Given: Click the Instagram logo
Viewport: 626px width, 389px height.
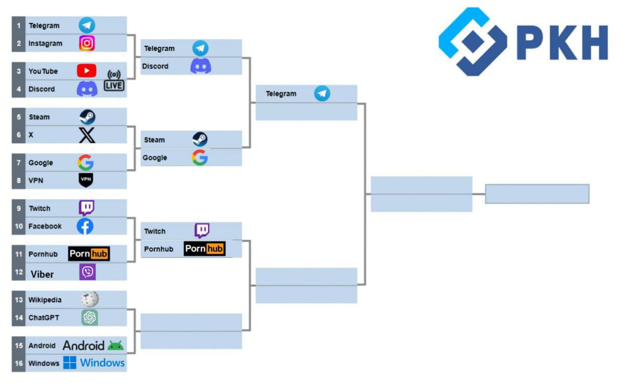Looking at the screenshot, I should (x=87, y=43).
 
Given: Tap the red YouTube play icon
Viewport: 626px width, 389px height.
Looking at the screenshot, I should (x=87, y=71).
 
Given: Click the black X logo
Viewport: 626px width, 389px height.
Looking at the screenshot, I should (x=87, y=135).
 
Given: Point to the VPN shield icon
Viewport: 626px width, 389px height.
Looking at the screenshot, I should (x=86, y=180).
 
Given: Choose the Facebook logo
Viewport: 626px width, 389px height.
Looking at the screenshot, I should (x=85, y=226).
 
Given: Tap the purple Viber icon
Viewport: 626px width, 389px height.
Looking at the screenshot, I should (x=88, y=272).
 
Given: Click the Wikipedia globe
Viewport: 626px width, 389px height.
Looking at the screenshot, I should (x=89, y=299).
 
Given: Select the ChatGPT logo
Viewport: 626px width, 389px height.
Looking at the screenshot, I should (x=89, y=317).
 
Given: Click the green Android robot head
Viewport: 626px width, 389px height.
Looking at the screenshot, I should (x=115, y=345).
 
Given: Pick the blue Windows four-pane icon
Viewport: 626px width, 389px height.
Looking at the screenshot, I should (x=70, y=363).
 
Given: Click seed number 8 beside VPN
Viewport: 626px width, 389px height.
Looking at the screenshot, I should (x=19, y=180).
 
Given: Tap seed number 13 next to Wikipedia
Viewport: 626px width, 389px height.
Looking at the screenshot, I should (x=19, y=299).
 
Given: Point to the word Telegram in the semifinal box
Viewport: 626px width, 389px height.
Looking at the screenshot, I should (x=281, y=94).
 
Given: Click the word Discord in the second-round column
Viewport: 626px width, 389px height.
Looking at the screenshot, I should (x=155, y=66).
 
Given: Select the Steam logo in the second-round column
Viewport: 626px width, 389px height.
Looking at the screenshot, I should (x=200, y=140).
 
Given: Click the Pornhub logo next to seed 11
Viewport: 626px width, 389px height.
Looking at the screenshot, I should (x=89, y=254).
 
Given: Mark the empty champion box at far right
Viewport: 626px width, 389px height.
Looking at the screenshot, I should (x=537, y=194).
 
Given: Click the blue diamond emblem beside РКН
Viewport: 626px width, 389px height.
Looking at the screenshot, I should (x=472, y=42).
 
